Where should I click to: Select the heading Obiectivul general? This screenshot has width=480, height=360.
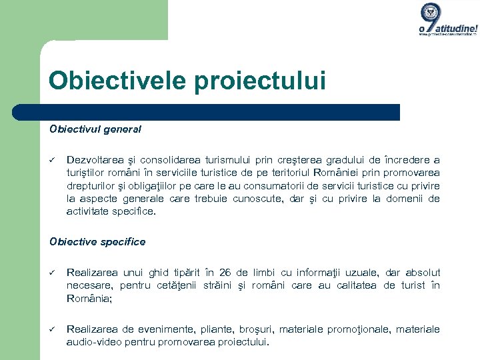click(95, 129)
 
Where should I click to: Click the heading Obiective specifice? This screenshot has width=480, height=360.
click(97, 242)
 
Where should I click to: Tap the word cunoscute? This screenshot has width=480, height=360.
click(259, 199)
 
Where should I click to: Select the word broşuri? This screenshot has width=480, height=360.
click(257, 329)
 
